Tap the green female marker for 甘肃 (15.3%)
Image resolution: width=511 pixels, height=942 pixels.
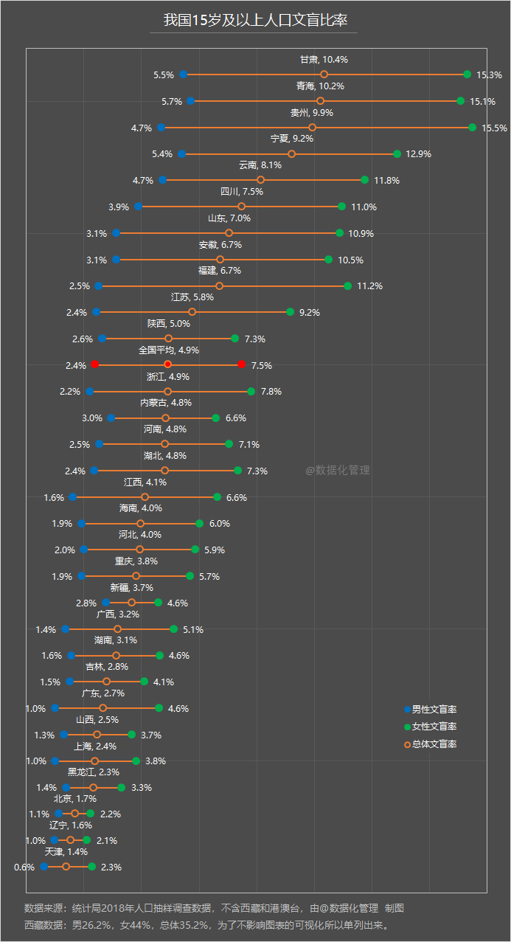[x=467, y=74]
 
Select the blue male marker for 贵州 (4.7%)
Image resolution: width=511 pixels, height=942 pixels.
[x=161, y=128]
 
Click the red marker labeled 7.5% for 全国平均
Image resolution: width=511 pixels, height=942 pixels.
[x=242, y=365]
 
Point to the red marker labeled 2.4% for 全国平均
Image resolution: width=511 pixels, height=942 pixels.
[x=94, y=365]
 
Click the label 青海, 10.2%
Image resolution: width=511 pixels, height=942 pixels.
[x=320, y=86]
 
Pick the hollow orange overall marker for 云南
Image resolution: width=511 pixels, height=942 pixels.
[x=260, y=180]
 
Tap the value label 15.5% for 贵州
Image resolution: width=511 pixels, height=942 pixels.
[x=494, y=128]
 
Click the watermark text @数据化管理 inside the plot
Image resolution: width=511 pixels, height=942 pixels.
[x=338, y=470]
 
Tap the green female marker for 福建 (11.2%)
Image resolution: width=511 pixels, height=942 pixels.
[x=347, y=286]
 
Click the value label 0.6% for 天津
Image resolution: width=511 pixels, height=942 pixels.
[x=24, y=867]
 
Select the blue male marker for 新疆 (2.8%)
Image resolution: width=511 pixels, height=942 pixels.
[x=105, y=603]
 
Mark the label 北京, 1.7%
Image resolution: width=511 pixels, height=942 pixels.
[x=75, y=799]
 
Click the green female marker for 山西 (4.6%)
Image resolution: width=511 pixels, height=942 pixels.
[x=159, y=708]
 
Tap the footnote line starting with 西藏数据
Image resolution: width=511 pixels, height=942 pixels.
[x=206, y=925]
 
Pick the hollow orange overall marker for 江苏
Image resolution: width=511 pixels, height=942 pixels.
[x=192, y=312]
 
